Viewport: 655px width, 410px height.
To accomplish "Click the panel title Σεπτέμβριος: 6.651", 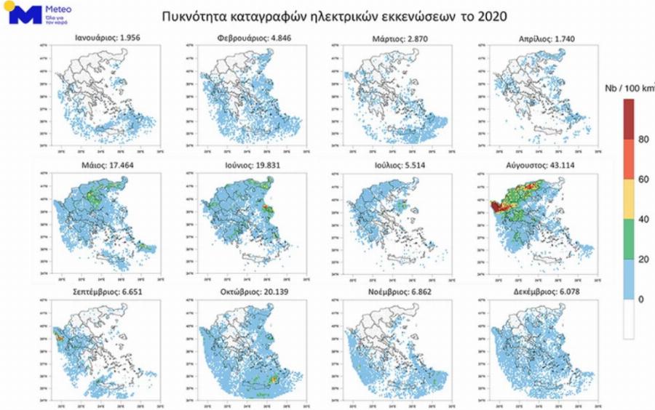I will point(98,289).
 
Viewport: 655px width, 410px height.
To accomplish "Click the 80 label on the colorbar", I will point(643,140).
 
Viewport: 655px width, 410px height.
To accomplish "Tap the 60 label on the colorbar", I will point(643,179).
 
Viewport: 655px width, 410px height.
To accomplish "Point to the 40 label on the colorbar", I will point(643,219).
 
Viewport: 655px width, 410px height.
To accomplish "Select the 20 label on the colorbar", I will point(643,259).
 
